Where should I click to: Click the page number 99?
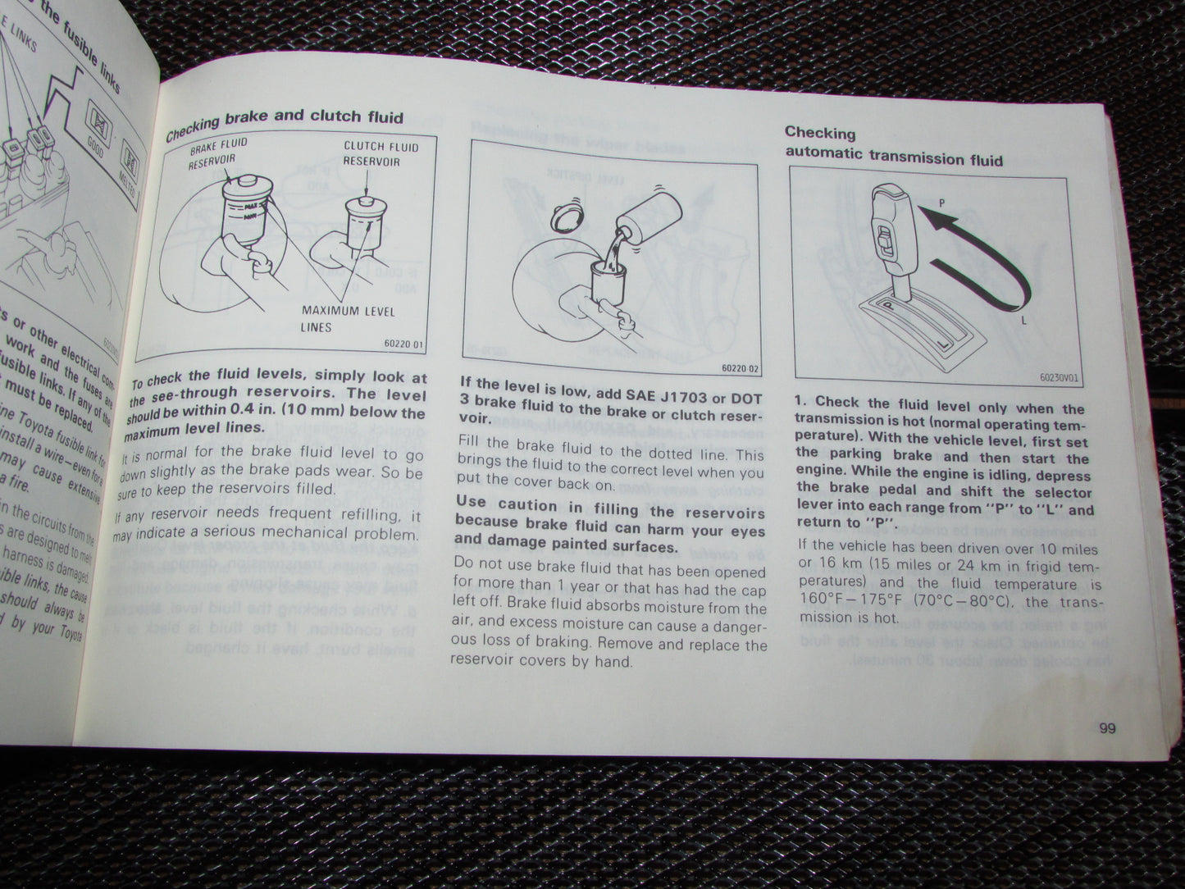pyautogui.click(x=1108, y=727)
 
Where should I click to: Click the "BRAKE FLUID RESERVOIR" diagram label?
pyautogui.click(x=218, y=153)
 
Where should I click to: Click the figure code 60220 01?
pyautogui.click(x=401, y=345)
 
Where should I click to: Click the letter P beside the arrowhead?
pyautogui.click(x=943, y=202)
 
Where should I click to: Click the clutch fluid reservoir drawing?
pyautogui.click(x=362, y=234)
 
